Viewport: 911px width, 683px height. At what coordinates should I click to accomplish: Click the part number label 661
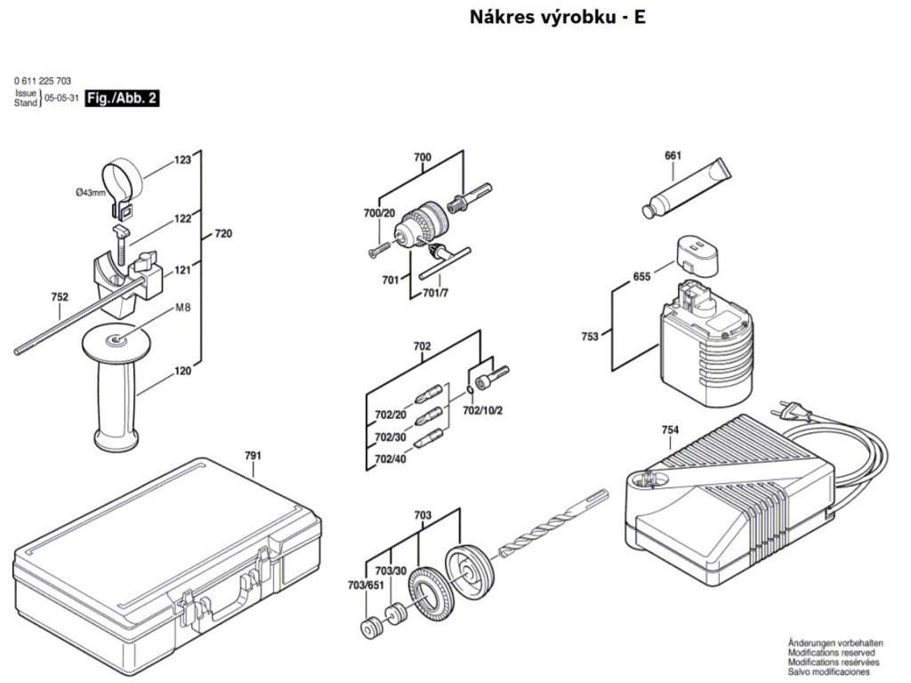click(673, 157)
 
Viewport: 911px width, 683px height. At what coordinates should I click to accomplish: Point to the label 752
click(60, 298)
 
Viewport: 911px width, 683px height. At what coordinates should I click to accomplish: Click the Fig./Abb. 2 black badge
click(122, 99)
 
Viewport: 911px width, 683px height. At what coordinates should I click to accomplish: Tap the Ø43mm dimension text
click(91, 193)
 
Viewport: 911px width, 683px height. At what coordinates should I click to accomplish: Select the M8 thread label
click(183, 309)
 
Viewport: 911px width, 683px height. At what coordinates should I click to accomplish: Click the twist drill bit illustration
click(549, 526)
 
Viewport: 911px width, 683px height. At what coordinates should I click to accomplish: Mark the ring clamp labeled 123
click(122, 175)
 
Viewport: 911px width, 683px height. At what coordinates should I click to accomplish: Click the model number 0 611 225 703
click(43, 81)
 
